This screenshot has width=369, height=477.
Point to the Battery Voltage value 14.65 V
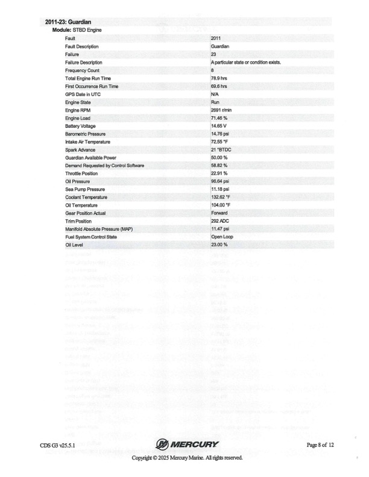218,126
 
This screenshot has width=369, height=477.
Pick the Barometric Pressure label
84,134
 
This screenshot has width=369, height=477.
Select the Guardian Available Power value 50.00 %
219,157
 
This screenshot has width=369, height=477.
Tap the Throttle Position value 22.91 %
219,173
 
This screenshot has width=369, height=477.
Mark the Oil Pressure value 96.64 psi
219,181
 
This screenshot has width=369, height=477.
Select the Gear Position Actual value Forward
219,213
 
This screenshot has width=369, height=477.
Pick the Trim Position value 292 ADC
219,220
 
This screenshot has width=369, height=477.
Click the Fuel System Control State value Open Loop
222,237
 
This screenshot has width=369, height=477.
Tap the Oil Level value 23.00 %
219,245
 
